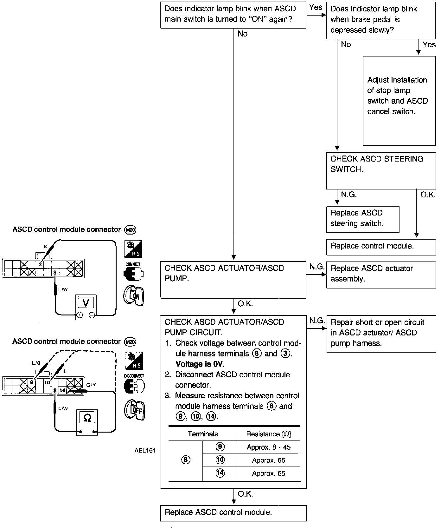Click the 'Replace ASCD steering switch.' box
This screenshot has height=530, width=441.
coord(362,219)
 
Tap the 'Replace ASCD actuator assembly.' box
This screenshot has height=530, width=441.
coord(381,275)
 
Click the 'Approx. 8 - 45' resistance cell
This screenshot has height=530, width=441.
coord(268,447)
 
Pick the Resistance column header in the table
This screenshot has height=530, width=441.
coord(268,434)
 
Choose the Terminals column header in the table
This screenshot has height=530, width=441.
coord(202,434)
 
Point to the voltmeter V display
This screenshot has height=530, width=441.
coord(86,303)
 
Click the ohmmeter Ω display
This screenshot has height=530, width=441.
coord(87,418)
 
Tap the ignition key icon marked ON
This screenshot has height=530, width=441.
coord(134,296)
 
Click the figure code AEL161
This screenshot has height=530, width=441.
coord(145,451)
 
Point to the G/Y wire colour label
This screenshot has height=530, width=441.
coord(91,385)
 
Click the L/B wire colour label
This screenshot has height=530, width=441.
coord(36,363)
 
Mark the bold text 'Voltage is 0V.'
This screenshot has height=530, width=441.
coord(200,364)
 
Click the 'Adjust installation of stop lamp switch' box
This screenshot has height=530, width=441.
coord(399,101)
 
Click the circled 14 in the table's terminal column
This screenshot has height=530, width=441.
coord(220,473)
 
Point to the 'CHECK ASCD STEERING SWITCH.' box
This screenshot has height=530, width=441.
coord(381,170)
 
